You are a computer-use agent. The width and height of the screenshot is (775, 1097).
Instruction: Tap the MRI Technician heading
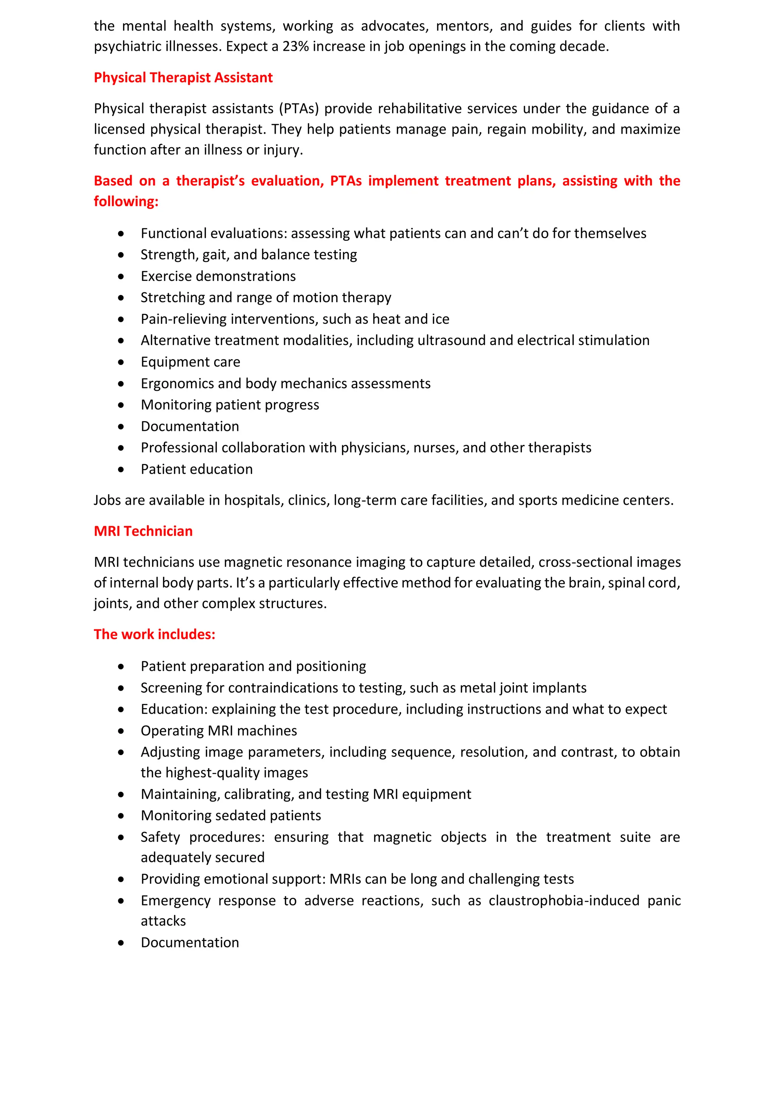point(143,531)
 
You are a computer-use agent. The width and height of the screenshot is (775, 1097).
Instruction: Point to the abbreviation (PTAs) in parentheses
point(299,108)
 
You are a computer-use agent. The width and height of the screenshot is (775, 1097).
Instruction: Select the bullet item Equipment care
point(190,362)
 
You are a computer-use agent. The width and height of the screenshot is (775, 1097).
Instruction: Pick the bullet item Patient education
point(196,469)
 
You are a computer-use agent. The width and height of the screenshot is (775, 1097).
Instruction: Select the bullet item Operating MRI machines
point(219,730)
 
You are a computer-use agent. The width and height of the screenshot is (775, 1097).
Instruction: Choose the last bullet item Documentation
point(190,942)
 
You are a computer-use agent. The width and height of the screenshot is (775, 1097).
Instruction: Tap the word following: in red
point(126,201)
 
